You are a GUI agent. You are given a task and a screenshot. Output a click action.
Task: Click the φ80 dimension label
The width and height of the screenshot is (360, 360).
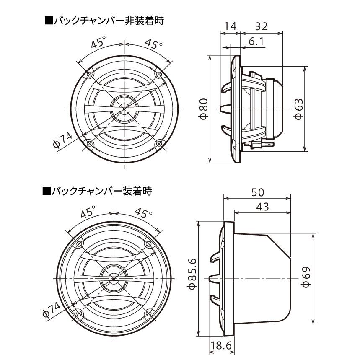[x=202, y=109]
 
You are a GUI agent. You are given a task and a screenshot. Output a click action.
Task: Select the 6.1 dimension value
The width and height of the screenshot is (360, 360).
[x=257, y=41]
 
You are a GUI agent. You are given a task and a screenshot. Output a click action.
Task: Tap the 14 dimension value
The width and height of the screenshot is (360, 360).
[x=230, y=26]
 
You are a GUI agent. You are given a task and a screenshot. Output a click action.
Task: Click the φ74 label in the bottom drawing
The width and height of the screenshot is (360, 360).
[x=52, y=310]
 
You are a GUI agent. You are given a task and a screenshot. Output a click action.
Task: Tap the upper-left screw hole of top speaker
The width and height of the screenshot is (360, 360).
[x=89, y=75]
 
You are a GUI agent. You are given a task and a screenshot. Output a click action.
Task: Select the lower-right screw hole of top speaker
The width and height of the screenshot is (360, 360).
[x=159, y=144]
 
